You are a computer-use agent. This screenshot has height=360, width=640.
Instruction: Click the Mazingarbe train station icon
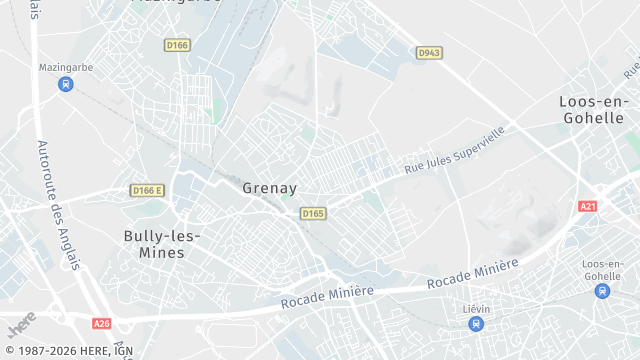coord(66,84)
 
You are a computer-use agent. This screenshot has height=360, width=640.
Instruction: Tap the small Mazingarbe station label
coord(66,67)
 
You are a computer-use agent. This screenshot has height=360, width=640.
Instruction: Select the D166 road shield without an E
coord(177,45)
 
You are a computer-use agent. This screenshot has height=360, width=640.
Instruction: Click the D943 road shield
coord(429,52)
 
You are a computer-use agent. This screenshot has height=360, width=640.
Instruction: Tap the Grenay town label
coord(269,187)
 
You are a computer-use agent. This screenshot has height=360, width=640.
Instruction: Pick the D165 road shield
coord(313,213)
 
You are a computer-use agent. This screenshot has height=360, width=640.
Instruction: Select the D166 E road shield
coord(147,190)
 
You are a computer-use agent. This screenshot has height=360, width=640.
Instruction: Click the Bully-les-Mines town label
coord(162,244)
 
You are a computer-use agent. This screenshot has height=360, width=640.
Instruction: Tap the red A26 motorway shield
coord(101,323)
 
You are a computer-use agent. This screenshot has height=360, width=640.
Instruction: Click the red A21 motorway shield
coord(588,206)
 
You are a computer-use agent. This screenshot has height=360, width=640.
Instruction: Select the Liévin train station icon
coord(478,324)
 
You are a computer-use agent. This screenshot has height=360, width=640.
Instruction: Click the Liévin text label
coord(478,308)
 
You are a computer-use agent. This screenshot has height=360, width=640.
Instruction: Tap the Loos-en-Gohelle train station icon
coord(602,291)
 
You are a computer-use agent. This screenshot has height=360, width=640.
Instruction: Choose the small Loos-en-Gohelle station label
coord(602,269)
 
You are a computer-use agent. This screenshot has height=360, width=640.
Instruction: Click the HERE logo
coord(21,324)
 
